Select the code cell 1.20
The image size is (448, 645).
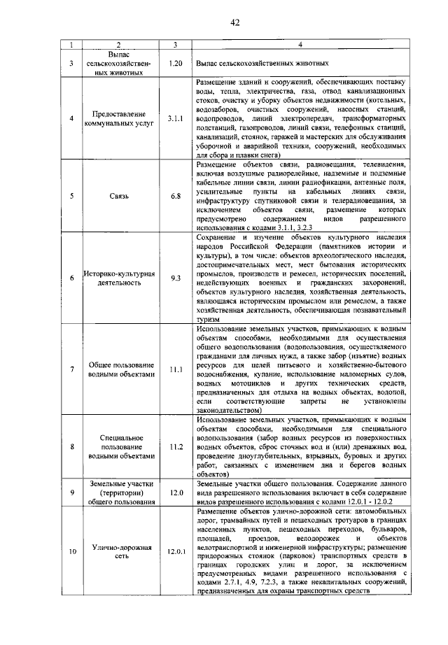click(x=175, y=63)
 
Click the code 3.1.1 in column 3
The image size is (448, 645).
click(x=175, y=119)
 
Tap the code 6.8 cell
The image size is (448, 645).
click(x=175, y=198)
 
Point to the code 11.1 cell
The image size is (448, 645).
click(x=175, y=369)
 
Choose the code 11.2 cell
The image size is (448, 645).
click(x=175, y=446)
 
